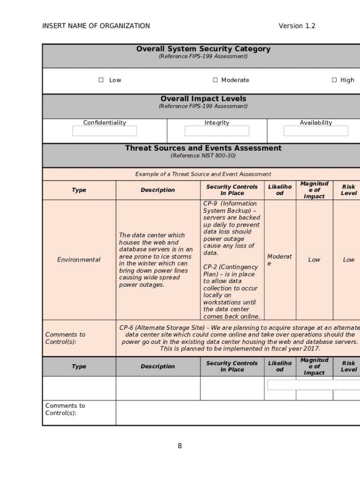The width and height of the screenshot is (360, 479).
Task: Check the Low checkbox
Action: (101, 80)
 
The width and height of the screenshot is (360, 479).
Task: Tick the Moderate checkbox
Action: (216, 80)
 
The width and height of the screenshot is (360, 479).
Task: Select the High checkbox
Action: (334, 80)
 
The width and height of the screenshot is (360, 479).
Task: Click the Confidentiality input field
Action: (104, 131)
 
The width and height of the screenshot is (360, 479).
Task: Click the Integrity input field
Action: (217, 131)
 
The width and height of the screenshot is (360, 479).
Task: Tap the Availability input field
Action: (316, 131)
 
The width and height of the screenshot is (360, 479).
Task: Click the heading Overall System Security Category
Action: (203, 49)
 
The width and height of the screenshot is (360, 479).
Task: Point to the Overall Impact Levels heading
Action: (203, 99)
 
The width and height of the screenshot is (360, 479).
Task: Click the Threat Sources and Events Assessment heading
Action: (203, 148)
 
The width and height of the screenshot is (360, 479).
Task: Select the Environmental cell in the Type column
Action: (79, 260)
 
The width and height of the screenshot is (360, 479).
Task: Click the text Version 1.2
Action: (297, 26)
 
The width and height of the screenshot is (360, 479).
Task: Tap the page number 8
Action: (180, 446)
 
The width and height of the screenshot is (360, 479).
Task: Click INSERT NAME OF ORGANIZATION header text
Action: (96, 26)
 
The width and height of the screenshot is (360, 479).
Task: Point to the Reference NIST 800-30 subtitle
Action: (203, 156)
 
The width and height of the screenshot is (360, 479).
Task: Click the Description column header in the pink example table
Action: (158, 190)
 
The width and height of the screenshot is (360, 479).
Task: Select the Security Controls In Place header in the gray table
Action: (232, 366)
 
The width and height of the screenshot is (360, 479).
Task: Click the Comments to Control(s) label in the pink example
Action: (65, 338)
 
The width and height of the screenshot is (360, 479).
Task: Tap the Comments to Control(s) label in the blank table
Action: (65, 409)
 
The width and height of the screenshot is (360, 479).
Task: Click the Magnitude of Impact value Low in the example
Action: (314, 260)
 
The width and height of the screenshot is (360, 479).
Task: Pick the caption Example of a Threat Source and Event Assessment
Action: (203, 174)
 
